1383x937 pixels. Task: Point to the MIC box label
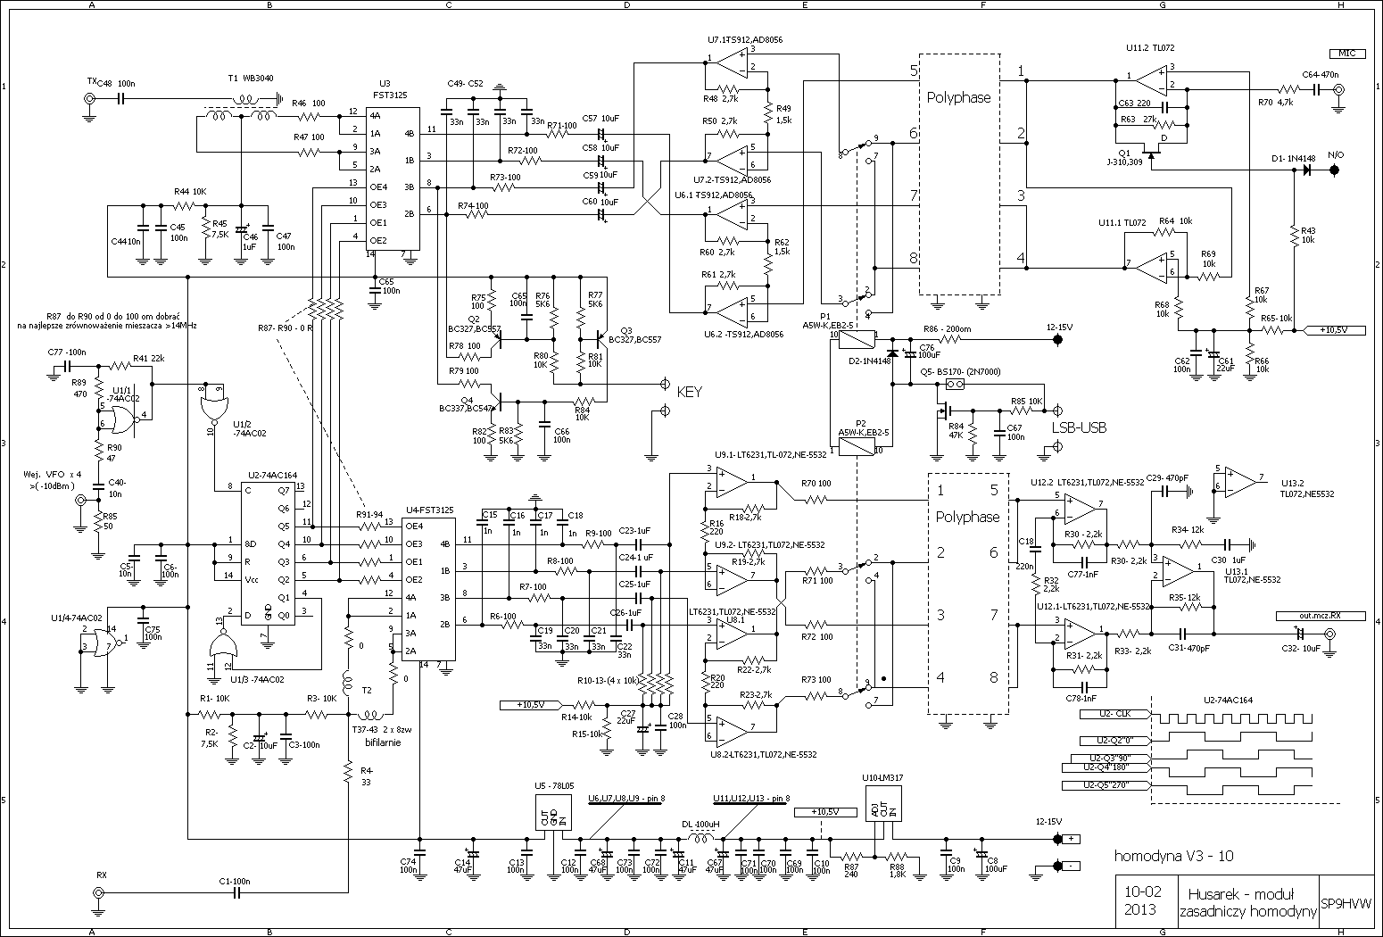[x=1346, y=54]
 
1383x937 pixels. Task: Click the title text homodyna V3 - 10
[x=1174, y=856]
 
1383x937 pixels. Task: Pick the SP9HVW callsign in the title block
[x=1346, y=902]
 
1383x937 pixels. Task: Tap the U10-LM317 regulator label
[x=882, y=778]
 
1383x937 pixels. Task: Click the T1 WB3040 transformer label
[x=245, y=78]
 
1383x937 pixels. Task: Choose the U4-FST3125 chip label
[x=429, y=509]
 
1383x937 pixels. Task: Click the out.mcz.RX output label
[x=1308, y=615]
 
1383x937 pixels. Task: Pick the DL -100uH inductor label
[x=700, y=825]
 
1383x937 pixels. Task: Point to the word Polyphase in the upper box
[x=958, y=97]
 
